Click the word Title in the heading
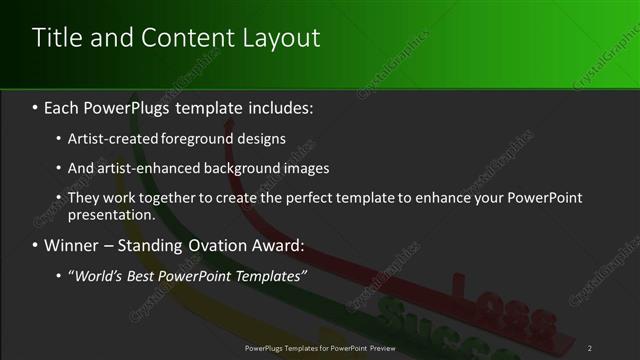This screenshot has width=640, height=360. point(55,38)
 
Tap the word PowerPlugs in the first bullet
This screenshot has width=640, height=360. point(135,107)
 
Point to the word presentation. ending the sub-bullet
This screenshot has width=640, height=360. point(112,214)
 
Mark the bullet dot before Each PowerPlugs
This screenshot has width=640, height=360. point(35,107)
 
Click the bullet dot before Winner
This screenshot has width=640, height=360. point(35,245)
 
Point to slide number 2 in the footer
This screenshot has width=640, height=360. point(590,347)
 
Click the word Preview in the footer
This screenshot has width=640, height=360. point(377,347)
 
